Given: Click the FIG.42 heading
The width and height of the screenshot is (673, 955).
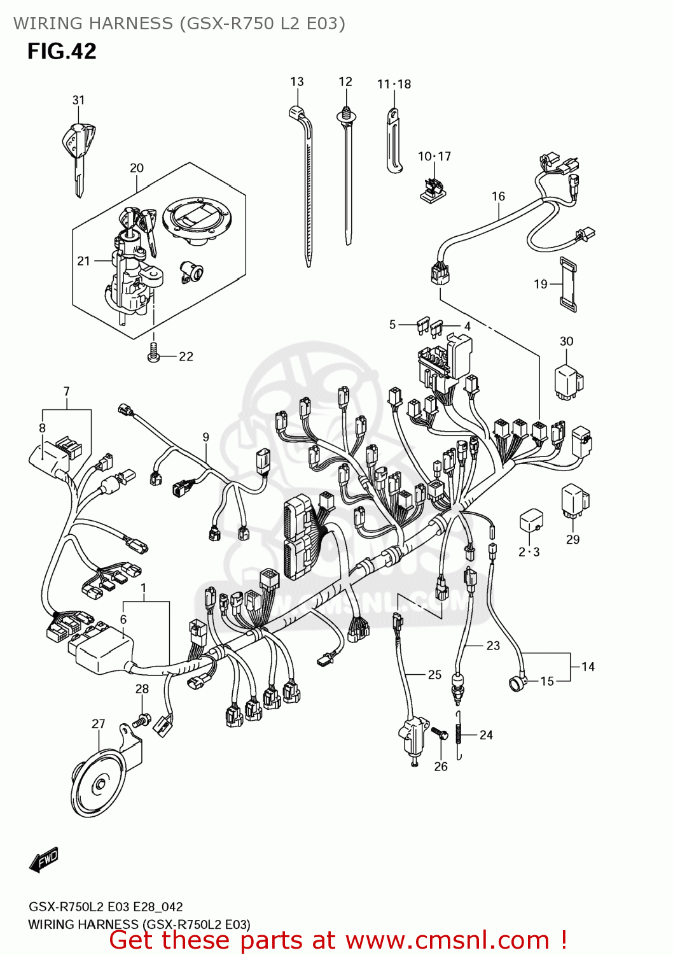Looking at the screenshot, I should click(x=62, y=52).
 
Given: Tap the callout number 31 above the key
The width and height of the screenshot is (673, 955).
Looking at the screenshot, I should click(x=78, y=100).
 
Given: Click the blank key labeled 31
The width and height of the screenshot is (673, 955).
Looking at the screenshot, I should click(x=78, y=153).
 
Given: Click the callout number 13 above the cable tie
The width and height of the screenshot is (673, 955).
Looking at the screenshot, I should click(x=297, y=81).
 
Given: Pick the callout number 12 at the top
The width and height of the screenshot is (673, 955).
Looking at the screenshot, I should click(x=345, y=81).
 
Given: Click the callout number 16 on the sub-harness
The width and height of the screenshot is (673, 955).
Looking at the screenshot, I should click(x=498, y=196).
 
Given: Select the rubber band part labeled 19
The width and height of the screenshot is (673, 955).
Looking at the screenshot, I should click(x=567, y=285).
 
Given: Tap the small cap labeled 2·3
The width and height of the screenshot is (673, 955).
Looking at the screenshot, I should click(x=531, y=520).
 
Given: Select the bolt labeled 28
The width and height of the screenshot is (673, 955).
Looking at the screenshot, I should click(x=142, y=721).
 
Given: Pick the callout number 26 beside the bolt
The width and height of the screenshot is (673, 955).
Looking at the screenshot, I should click(x=441, y=767).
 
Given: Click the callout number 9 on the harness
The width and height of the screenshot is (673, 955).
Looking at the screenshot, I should click(x=205, y=437).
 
